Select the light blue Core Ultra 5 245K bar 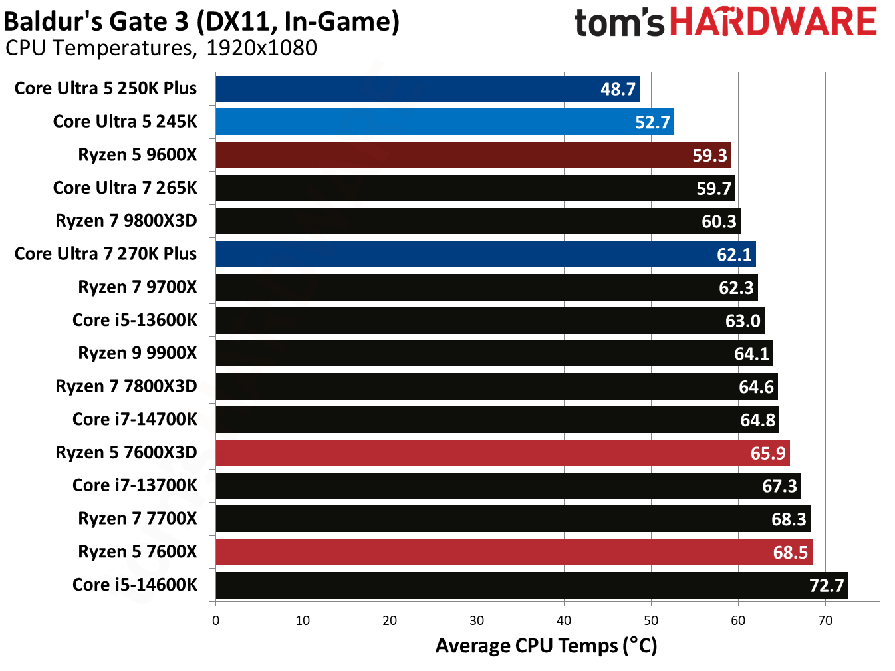click(x=444, y=122)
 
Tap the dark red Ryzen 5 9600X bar click(x=473, y=155)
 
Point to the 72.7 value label click(x=826, y=585)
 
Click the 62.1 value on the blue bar click(x=733, y=254)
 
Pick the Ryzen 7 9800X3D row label click(x=126, y=221)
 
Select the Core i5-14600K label click(x=135, y=585)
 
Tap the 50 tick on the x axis click(x=651, y=620)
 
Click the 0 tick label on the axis click(x=215, y=620)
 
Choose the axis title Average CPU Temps click(x=546, y=646)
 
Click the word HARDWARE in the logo click(x=773, y=22)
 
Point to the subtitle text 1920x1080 click(x=261, y=48)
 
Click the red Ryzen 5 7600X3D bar click(x=502, y=453)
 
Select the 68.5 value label click(x=790, y=552)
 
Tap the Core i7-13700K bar click(x=508, y=486)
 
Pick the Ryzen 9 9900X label click(x=138, y=353)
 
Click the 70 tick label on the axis click(x=825, y=620)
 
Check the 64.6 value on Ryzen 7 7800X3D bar click(x=756, y=386)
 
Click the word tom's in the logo click(x=618, y=23)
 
